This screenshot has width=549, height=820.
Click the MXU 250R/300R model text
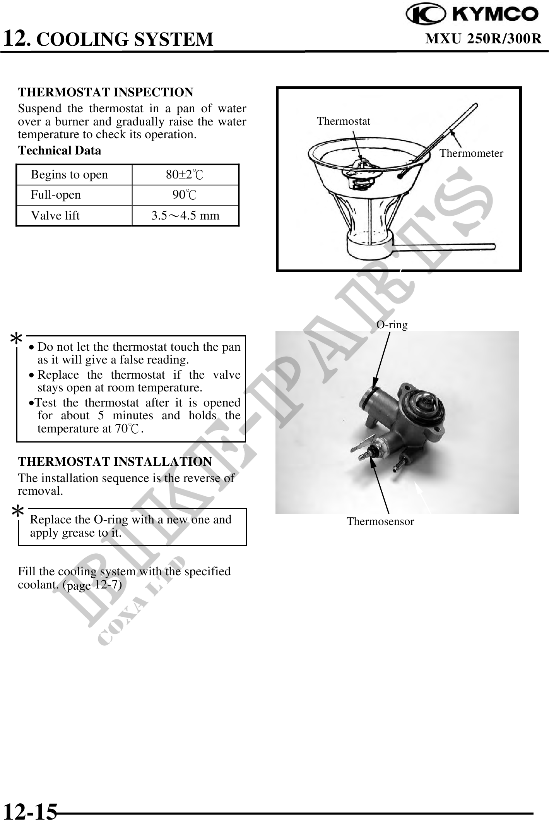(x=483, y=39)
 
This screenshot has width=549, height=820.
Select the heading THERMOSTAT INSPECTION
(x=106, y=92)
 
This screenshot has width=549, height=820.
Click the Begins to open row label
(x=69, y=175)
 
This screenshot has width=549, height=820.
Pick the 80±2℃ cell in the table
(x=185, y=175)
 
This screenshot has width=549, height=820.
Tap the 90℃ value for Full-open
(x=185, y=195)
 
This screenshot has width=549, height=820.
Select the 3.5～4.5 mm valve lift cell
(x=185, y=215)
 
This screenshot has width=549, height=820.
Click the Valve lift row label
(x=55, y=215)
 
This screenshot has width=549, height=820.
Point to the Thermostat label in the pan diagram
(x=343, y=121)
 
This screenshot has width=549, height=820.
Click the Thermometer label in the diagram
(x=471, y=153)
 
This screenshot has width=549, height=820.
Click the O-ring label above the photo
(x=392, y=324)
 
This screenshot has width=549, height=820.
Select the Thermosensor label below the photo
(x=380, y=522)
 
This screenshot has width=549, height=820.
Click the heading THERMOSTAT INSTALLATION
(x=115, y=461)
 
